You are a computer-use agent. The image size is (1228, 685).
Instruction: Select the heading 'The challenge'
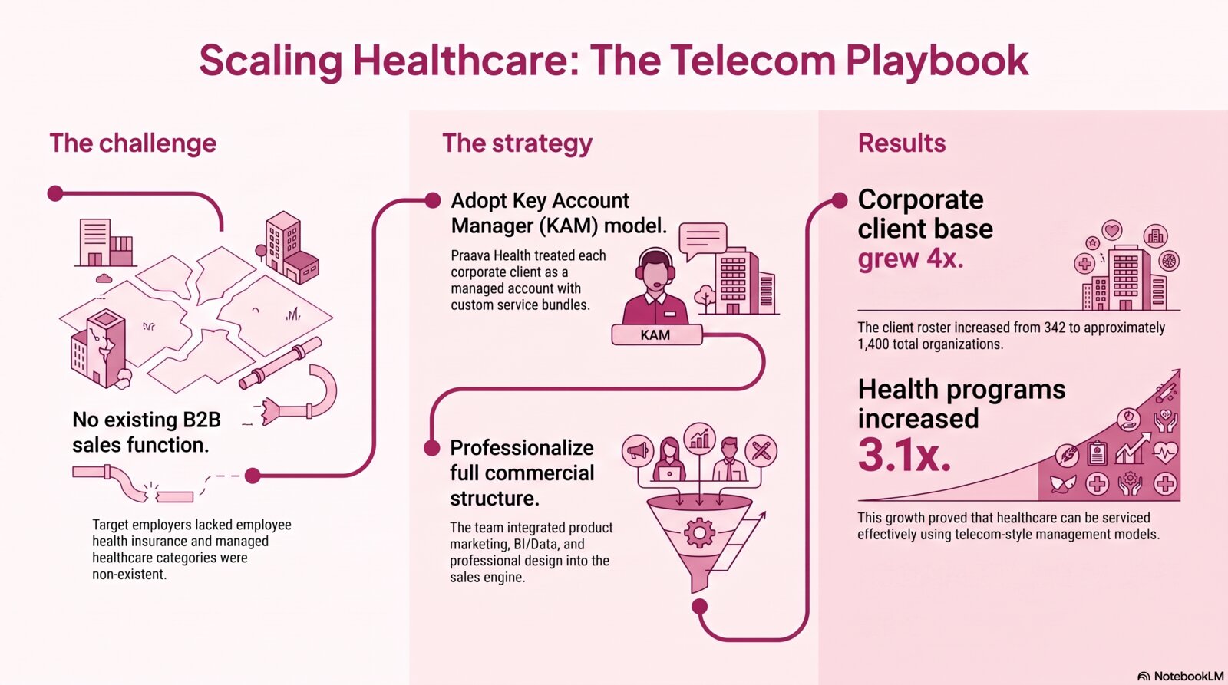coord(133,143)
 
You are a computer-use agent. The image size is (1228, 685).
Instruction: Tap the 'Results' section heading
coord(901,143)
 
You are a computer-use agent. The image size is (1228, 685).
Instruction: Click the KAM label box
coord(656,334)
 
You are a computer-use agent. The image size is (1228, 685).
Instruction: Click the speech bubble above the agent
coord(703,240)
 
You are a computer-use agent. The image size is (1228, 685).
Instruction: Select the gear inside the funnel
coord(699,532)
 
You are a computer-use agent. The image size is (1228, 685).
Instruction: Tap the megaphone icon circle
coord(638,451)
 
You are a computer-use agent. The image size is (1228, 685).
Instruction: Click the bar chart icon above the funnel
coord(699,439)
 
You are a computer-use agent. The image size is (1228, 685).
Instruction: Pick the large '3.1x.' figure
coord(904,455)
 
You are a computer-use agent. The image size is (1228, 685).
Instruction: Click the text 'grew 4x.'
coord(910,258)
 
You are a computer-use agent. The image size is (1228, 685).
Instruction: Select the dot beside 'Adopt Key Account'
coord(433,200)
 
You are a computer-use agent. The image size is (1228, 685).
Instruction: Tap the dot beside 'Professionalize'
coord(432,448)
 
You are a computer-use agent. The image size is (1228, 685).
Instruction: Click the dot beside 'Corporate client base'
coord(840,200)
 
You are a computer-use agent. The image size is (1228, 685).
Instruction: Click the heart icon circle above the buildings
coord(1112,230)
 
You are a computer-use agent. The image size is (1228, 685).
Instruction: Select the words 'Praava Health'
coord(490,256)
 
